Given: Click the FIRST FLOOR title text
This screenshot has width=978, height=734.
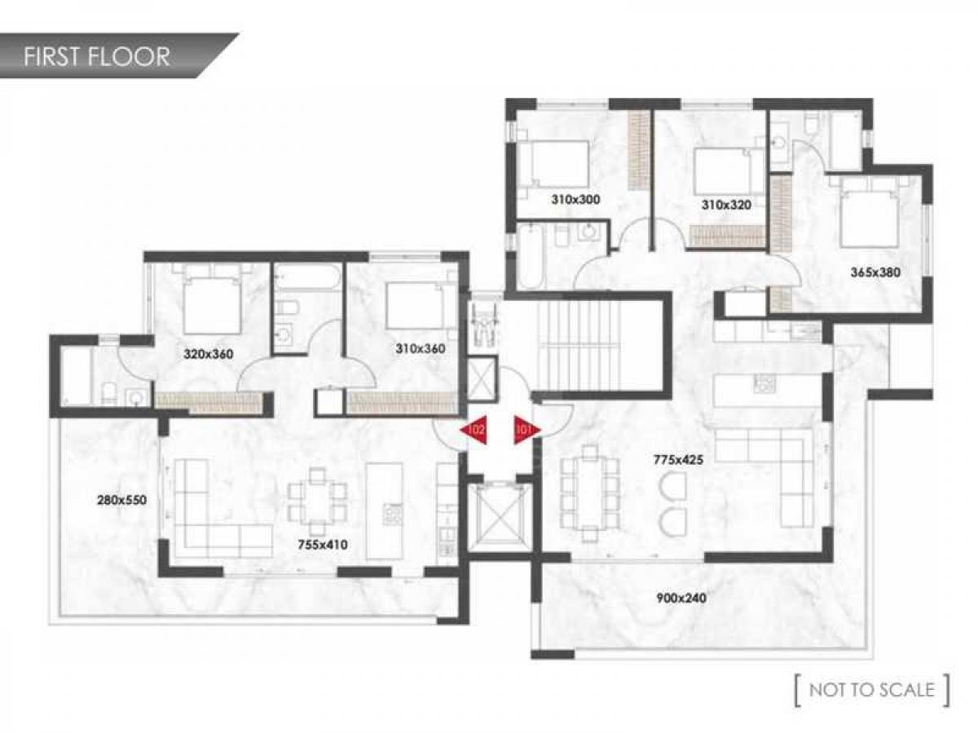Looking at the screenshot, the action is pyautogui.click(x=97, y=56).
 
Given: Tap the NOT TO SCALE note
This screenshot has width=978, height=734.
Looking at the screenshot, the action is pyautogui.click(x=872, y=690).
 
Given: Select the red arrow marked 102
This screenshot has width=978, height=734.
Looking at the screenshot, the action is pyautogui.click(x=474, y=430).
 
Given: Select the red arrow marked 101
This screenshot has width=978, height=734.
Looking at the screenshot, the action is pyautogui.click(x=527, y=430).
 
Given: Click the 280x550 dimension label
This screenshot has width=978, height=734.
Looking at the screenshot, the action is pyautogui.click(x=121, y=500).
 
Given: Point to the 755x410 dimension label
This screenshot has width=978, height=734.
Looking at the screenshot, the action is pyautogui.click(x=323, y=545).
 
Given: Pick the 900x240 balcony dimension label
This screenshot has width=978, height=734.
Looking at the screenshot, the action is pyautogui.click(x=681, y=598).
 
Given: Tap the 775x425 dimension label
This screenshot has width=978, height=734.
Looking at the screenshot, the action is pyautogui.click(x=678, y=459).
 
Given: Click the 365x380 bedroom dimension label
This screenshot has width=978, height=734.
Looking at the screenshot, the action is pyautogui.click(x=875, y=272).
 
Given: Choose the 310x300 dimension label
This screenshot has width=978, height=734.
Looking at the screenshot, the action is pyautogui.click(x=575, y=199).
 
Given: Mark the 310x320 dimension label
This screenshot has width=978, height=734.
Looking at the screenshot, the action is pyautogui.click(x=726, y=205).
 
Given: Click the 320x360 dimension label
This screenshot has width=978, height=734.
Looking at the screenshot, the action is pyautogui.click(x=208, y=354).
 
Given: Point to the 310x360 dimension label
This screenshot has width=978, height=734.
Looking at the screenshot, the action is pyautogui.click(x=421, y=348).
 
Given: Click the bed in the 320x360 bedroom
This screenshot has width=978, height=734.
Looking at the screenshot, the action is pyautogui.click(x=212, y=304).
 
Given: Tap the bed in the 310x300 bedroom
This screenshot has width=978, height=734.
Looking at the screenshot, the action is pyautogui.click(x=554, y=164).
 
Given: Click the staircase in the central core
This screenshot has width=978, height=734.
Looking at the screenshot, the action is pyautogui.click(x=579, y=344).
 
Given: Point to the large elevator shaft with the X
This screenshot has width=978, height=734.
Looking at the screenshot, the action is pyautogui.click(x=500, y=519).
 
